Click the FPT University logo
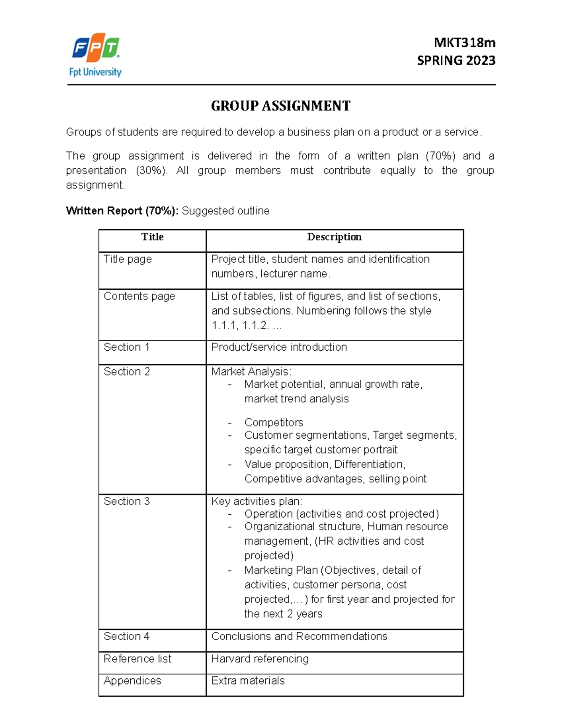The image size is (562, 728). [96, 54]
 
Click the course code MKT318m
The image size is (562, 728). [464, 43]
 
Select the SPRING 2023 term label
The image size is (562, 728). [456, 60]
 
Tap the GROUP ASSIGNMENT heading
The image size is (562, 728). [281, 106]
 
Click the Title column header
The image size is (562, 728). [152, 237]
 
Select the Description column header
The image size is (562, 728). [334, 237]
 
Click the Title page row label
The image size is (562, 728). [127, 259]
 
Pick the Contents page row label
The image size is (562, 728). [139, 296]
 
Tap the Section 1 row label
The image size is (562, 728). [126, 347]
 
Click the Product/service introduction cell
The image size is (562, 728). [279, 347]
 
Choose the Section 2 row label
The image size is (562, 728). [126, 372]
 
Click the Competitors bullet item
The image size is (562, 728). [274, 422]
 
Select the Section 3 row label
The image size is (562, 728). [126, 502]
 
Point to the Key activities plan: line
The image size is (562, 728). [257, 502]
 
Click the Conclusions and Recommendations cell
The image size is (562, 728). [299, 637]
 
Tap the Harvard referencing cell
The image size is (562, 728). [259, 659]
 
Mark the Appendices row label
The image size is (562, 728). [132, 681]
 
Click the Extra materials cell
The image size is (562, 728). [248, 681]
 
